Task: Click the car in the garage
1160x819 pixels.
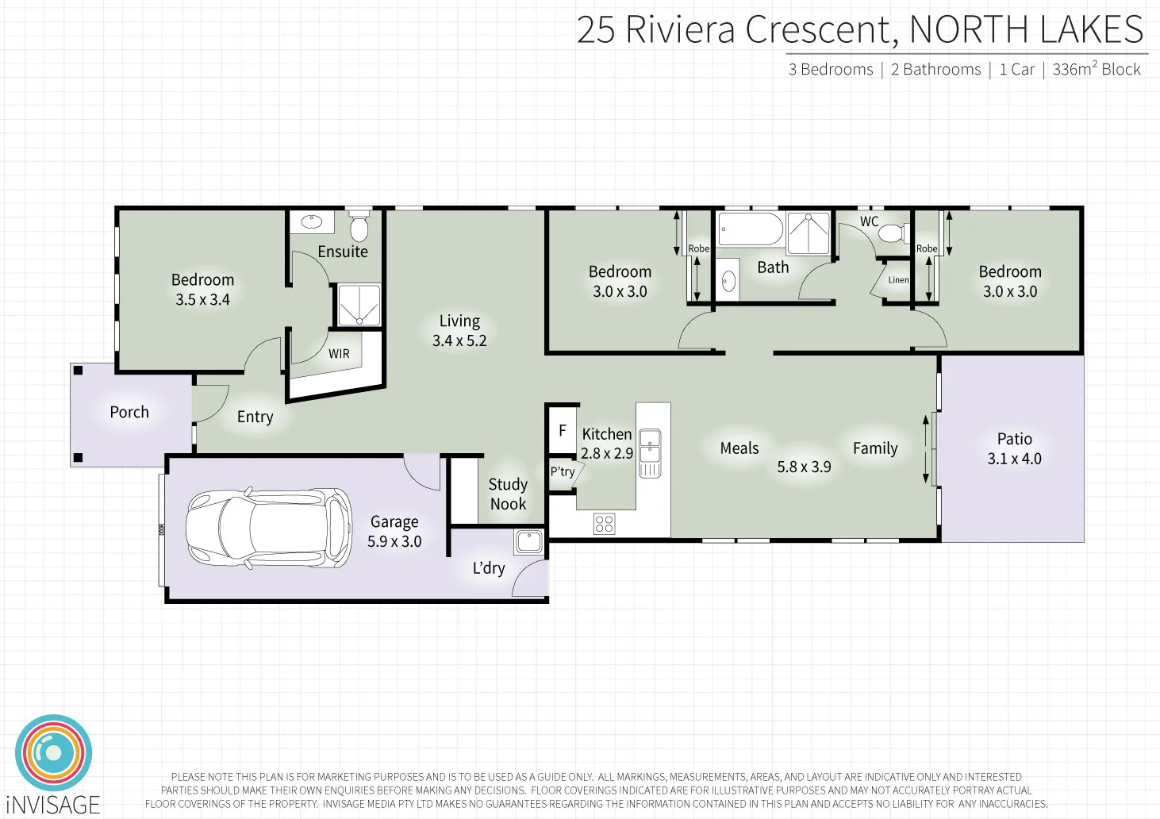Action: click(269, 528)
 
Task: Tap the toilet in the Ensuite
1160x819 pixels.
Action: click(359, 228)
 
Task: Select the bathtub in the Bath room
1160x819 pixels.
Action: click(751, 229)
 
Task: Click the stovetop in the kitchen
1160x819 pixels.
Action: click(605, 524)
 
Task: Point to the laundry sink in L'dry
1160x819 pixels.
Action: click(528, 542)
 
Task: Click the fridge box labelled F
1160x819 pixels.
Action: click(562, 431)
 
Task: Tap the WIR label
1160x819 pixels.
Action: click(339, 354)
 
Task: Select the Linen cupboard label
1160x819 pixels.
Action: click(898, 280)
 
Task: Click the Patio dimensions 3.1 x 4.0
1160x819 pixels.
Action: click(1014, 459)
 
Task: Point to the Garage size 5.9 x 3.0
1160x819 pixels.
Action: click(394, 541)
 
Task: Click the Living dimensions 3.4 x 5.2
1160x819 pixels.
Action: click(459, 340)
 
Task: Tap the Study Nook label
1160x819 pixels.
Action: click(508, 494)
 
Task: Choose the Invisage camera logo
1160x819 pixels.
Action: click(54, 752)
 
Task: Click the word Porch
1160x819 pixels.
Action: click(129, 412)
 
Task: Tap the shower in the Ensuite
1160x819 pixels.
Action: click(359, 306)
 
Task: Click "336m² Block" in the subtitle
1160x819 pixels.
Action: click(1096, 69)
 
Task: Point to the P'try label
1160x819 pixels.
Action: click(563, 471)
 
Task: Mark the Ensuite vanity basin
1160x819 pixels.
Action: click(311, 222)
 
